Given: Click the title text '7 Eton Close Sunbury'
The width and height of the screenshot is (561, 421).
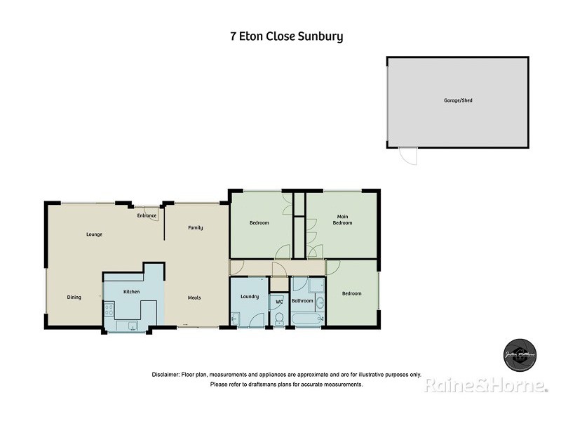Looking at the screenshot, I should pyautogui.click(x=287, y=36).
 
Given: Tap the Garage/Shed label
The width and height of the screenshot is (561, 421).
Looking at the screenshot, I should pyautogui.click(x=458, y=100).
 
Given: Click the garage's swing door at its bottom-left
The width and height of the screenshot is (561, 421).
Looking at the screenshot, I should pyautogui.click(x=408, y=156).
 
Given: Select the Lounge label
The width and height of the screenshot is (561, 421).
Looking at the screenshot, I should pyautogui.click(x=94, y=234).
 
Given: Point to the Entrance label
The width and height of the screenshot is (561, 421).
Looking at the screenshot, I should pyautogui.click(x=147, y=215).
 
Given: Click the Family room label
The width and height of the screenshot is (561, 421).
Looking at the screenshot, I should pyautogui.click(x=195, y=227).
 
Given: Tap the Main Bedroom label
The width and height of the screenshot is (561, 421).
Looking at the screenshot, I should pyautogui.click(x=342, y=220).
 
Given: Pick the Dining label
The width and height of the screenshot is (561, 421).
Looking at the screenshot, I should pyautogui.click(x=74, y=297).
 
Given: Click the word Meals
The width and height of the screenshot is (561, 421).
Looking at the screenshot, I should pyautogui.click(x=194, y=298).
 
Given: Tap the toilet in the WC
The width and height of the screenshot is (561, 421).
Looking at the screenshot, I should pyautogui.click(x=279, y=318).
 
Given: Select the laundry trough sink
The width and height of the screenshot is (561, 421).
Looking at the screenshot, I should pyautogui.click(x=236, y=319).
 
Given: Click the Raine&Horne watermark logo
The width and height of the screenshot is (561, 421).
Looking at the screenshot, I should pyautogui.click(x=485, y=385).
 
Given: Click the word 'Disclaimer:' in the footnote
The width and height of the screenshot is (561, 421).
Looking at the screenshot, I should pyautogui.click(x=165, y=375).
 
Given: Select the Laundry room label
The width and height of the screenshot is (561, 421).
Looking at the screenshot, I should pyautogui.click(x=249, y=297).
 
